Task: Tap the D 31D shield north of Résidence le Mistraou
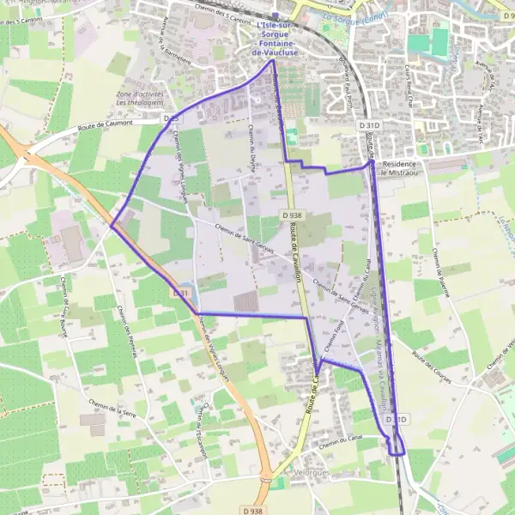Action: pos(370,125)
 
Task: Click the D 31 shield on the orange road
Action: pos(179,294)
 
